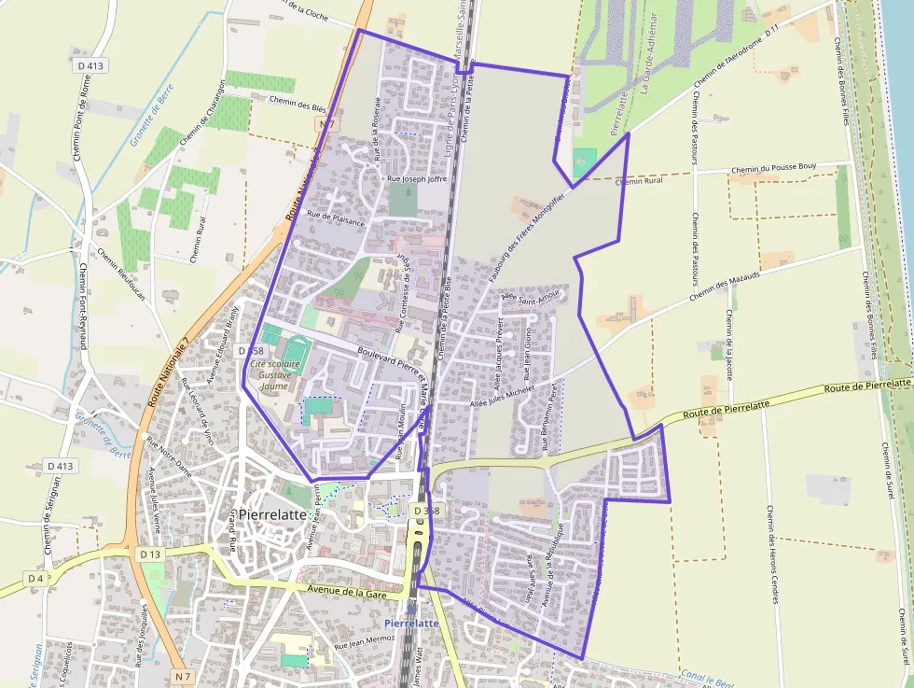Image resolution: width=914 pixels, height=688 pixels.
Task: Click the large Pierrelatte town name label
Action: [x=272, y=514]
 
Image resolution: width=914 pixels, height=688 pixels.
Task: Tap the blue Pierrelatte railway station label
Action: [x=411, y=623]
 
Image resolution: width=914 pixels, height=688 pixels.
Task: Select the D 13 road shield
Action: [x=150, y=555]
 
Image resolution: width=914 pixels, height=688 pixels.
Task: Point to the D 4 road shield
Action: [x=35, y=579]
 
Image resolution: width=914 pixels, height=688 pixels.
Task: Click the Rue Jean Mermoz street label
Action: [x=365, y=643]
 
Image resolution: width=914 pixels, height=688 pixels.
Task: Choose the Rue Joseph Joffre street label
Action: [x=417, y=178]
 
